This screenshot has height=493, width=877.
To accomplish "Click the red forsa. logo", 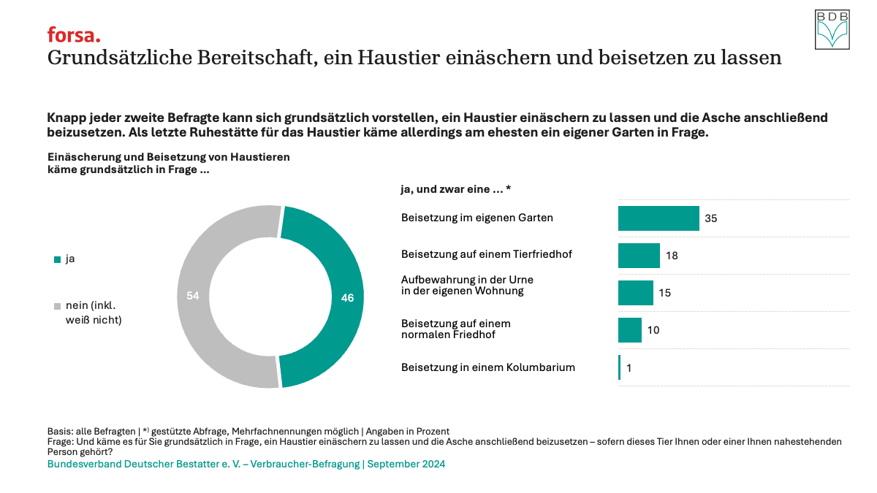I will (74, 34).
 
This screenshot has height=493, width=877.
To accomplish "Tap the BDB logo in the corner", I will (833, 29).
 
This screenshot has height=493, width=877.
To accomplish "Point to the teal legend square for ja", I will (58, 259).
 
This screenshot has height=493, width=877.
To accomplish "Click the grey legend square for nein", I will (58, 306).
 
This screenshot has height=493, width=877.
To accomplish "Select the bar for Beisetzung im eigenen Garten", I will (658, 218).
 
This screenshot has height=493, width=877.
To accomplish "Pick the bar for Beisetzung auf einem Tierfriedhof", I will (639, 256).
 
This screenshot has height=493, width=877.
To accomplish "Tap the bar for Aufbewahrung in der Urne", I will (635, 293).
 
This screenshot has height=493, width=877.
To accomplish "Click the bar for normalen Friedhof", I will (629, 330).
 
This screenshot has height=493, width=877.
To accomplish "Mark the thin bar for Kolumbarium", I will (619, 367).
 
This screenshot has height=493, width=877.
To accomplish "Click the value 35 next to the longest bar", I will (711, 218).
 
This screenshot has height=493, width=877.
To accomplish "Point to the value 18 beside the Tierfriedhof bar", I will (672, 256).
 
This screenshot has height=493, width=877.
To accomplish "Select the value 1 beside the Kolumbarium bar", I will (629, 368).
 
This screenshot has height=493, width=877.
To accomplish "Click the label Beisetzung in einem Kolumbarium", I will (488, 367).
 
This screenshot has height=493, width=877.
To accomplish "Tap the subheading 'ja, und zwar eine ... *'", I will (455, 189).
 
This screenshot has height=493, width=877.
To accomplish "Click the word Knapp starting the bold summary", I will (64, 118).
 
